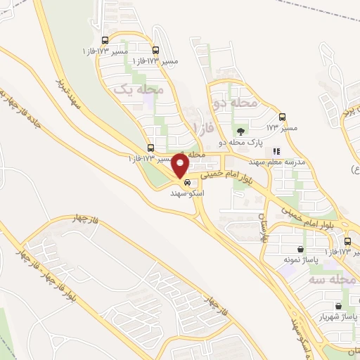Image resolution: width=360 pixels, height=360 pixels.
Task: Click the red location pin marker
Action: pyautogui.click(x=181, y=167)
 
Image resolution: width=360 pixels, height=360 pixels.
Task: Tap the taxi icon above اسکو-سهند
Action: pyautogui.click(x=186, y=182)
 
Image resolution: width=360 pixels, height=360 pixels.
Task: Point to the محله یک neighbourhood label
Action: pyautogui.click(x=139, y=90)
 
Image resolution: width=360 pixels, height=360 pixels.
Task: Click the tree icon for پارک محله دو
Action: pyautogui.click(x=241, y=131)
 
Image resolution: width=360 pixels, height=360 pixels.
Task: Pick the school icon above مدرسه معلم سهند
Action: pyautogui.click(x=276, y=150)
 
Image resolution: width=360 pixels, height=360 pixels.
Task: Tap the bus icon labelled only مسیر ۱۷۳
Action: pyautogui.click(x=283, y=117)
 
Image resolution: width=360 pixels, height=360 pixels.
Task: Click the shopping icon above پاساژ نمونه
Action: pyautogui.click(x=301, y=249)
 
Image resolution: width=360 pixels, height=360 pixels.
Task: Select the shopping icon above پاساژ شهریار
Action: pyautogui.click(x=339, y=306)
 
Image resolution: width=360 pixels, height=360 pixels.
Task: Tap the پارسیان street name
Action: pyautogui.click(x=264, y=226)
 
